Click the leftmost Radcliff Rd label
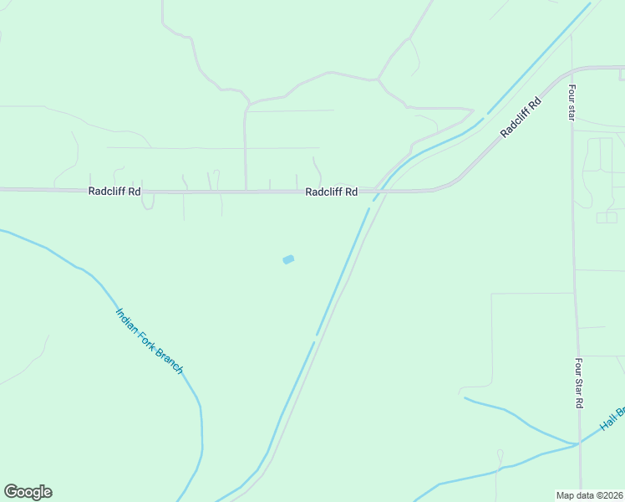pyautogui.click(x=114, y=192)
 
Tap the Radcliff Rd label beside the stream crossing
pyautogui.click(x=331, y=192)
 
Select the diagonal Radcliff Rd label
pyautogui.click(x=521, y=118)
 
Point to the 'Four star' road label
pyautogui.click(x=572, y=102)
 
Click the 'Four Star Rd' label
pyautogui.click(x=578, y=383)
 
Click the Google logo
pyautogui.click(x=28, y=492)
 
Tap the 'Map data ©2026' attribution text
pyautogui.click(x=588, y=494)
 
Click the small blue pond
pyautogui.click(x=288, y=259)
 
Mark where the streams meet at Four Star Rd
pyautogui.click(x=578, y=443)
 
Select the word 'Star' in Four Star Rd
pyautogui.click(x=578, y=383)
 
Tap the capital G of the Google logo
pyautogui.click(x=11, y=492)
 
